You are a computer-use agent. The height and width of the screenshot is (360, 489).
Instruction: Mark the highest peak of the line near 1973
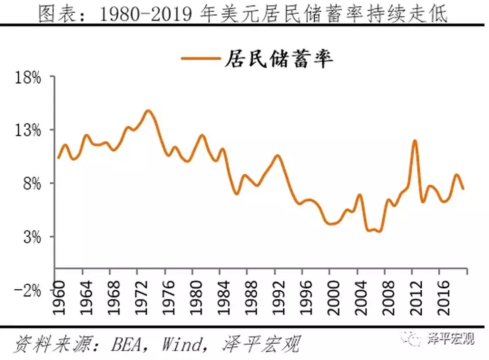click(148, 110)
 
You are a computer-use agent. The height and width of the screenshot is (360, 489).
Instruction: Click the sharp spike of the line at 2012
click(415, 141)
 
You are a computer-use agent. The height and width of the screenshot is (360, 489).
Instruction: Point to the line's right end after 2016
click(463, 188)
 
